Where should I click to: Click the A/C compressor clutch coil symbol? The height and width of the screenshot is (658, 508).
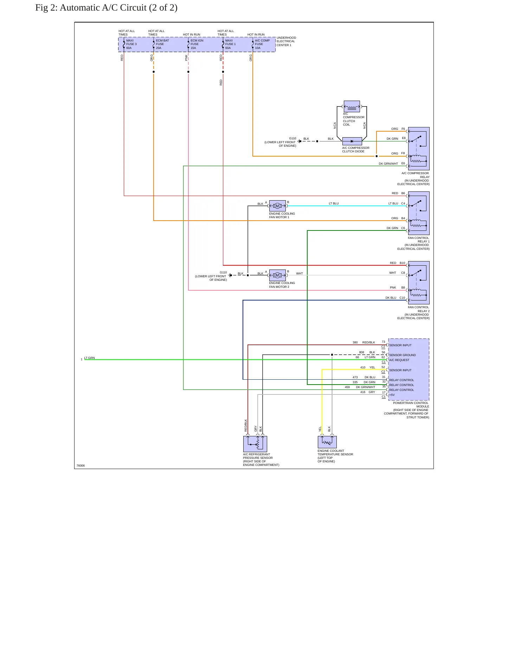click(x=352, y=106)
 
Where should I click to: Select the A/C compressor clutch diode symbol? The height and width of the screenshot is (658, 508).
click(x=352, y=141)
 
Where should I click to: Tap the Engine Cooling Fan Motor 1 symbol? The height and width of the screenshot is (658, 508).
click(x=277, y=206)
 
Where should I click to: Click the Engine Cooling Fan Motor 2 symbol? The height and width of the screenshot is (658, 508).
click(x=277, y=275)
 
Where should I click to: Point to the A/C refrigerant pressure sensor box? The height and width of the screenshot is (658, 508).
click(x=255, y=444)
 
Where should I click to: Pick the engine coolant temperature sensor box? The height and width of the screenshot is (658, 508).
click(x=327, y=442)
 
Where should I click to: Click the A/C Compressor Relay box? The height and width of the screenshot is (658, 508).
click(x=419, y=148)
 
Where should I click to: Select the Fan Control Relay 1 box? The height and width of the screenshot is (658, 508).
click(x=419, y=213)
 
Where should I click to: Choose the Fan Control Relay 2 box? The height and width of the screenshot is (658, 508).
click(x=419, y=283)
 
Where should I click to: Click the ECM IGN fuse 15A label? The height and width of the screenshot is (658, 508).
click(x=197, y=44)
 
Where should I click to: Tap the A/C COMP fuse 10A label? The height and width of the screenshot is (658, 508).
click(x=262, y=44)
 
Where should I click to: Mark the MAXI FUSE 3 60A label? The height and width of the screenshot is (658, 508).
click(x=131, y=44)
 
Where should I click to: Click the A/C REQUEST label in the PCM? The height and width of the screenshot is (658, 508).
click(x=399, y=360)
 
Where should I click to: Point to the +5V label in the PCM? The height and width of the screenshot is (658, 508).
click(x=392, y=395)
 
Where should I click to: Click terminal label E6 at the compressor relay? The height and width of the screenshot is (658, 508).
click(x=403, y=163)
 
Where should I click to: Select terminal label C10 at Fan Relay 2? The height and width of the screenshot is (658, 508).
click(x=402, y=298)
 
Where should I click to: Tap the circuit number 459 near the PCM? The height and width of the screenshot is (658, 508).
click(x=347, y=387)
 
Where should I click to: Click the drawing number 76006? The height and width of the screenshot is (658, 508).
click(x=81, y=466)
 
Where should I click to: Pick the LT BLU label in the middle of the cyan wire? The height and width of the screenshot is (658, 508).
click(x=334, y=203)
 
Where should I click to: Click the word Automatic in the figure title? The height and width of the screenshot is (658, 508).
click(x=80, y=8)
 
